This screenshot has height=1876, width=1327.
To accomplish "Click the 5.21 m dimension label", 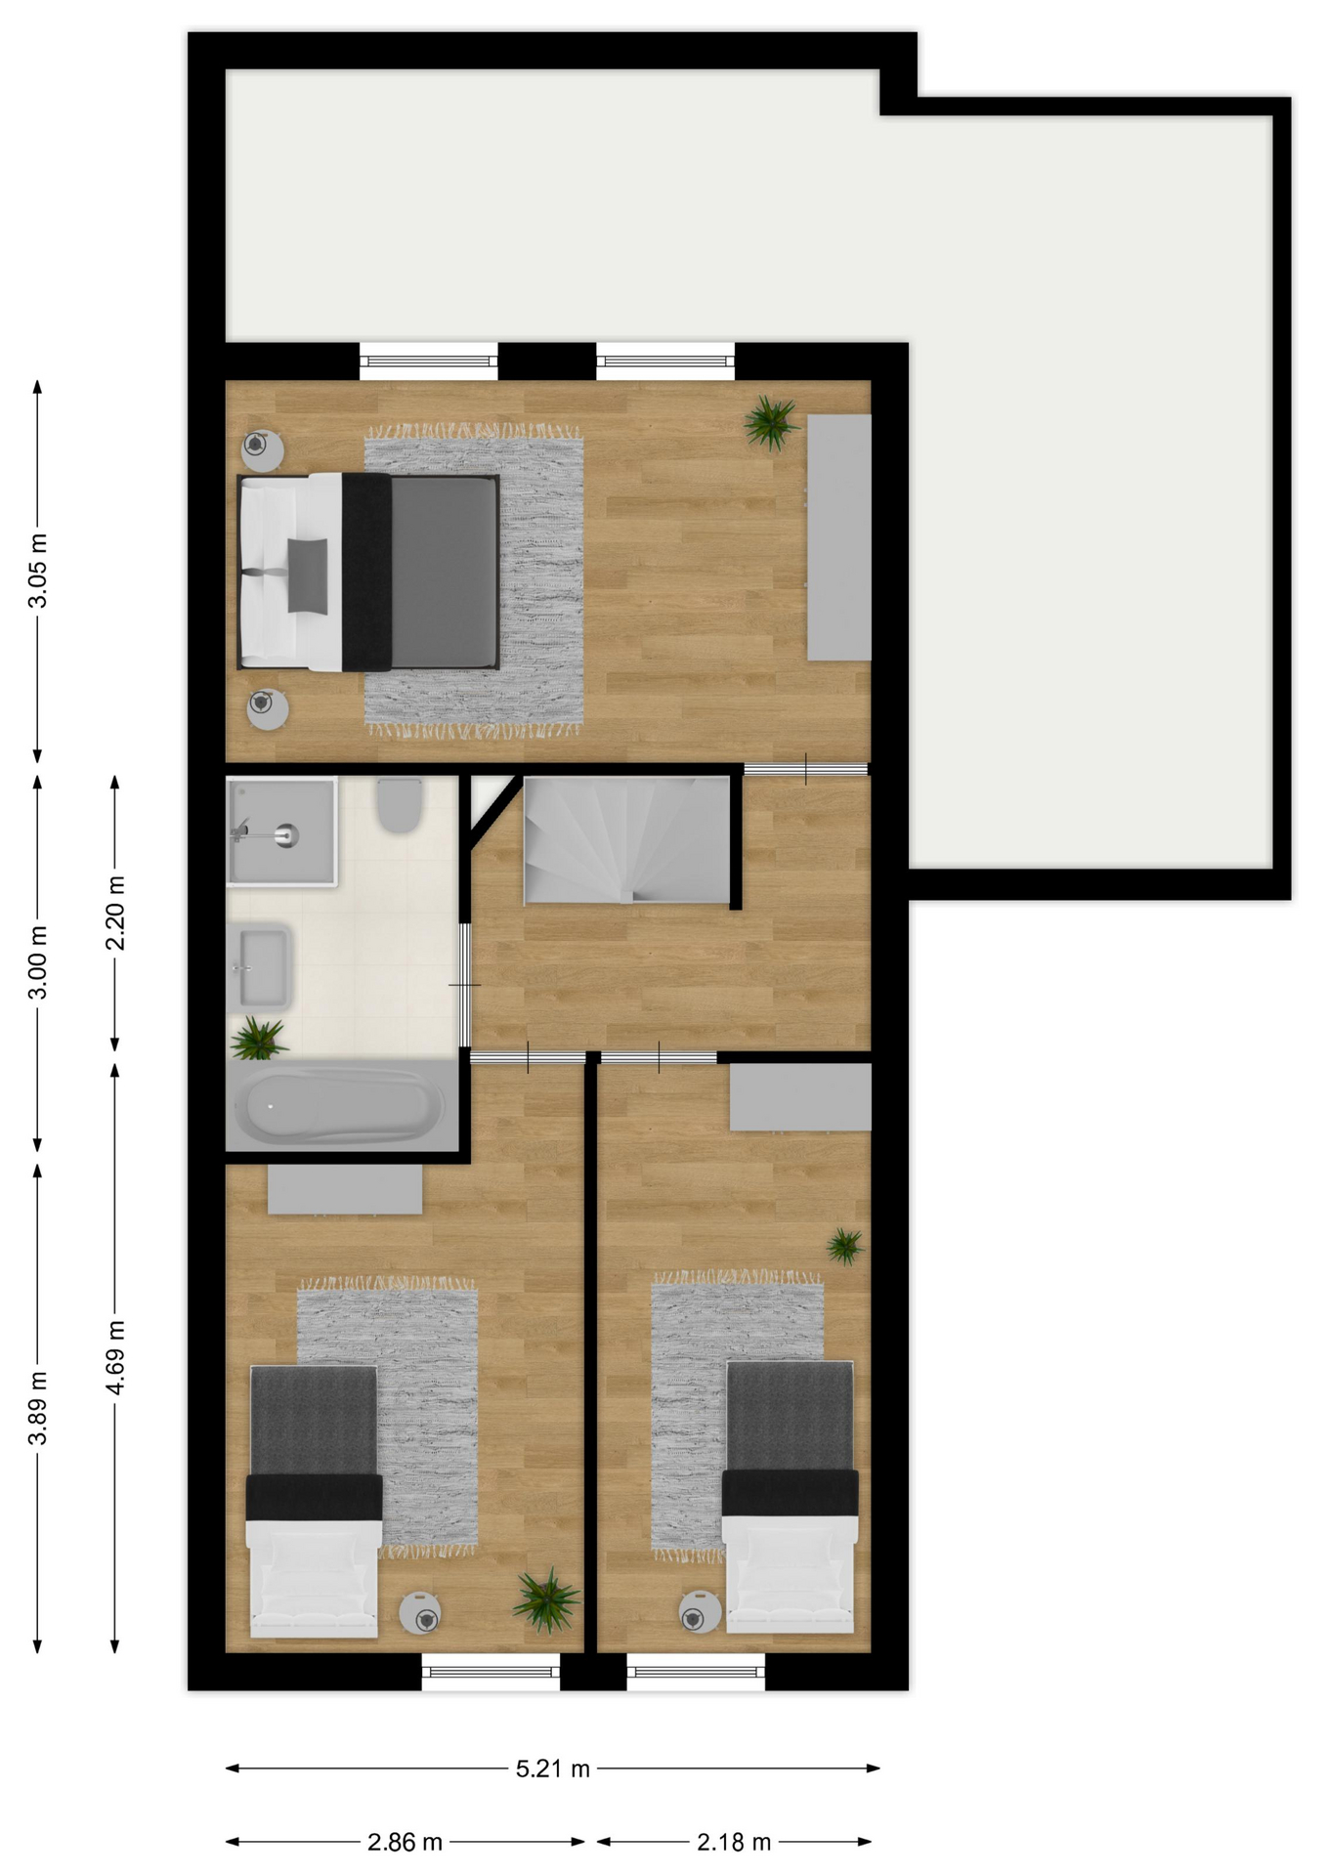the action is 553,1769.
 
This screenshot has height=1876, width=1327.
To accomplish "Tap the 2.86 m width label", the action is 405,1842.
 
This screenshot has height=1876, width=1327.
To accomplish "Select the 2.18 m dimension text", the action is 734,1842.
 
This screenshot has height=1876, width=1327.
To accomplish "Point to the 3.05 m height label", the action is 37,571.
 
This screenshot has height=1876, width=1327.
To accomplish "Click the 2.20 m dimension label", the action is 115,913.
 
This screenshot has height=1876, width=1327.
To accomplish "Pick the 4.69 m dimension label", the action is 115,1357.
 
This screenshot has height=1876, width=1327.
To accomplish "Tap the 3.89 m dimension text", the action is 37,1408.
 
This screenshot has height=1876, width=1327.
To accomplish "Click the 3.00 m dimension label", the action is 37,962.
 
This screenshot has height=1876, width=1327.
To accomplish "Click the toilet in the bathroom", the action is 400,804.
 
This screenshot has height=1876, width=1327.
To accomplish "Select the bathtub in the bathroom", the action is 342,1105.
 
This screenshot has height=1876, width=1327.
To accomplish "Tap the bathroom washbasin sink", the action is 260,967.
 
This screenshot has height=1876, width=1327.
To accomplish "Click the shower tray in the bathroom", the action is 281,831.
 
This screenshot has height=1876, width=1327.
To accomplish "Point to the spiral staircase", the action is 627,839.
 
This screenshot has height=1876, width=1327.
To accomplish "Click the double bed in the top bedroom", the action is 368,573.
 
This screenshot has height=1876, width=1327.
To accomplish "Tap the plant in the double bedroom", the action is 771,422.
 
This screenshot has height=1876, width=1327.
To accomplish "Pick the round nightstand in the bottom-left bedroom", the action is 420,1613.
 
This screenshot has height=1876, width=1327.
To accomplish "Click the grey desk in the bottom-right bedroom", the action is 800,1097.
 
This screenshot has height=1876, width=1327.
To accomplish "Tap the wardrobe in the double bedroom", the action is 839,537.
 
